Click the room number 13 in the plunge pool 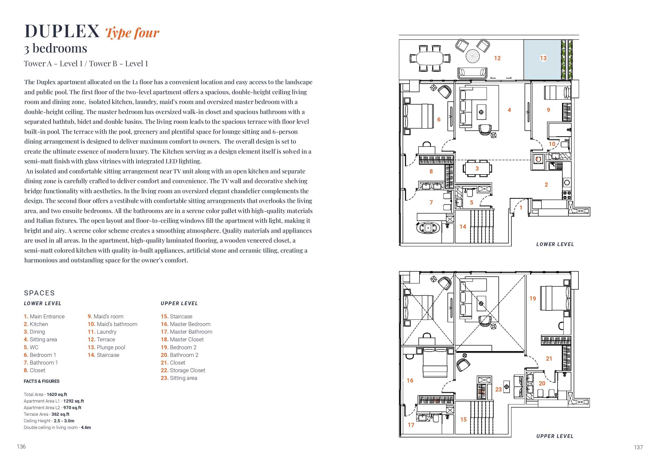pyautogui.click(x=543, y=58)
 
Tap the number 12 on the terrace pyautogui.click(x=497, y=58)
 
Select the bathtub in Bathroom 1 pyautogui.click(x=428, y=228)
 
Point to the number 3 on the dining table pyautogui.click(x=477, y=169)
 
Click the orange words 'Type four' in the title pyautogui.click(x=132, y=33)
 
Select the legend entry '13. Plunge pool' pyautogui.click(x=106, y=347)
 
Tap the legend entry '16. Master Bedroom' pyautogui.click(x=185, y=324)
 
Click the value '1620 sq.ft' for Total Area pyautogui.click(x=57, y=394)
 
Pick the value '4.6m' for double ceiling pyautogui.click(x=86, y=427)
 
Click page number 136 pyautogui.click(x=21, y=446)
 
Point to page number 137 pyautogui.click(x=638, y=447)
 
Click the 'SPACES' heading pyautogui.click(x=39, y=293)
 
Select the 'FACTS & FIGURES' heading pyautogui.click(x=42, y=381)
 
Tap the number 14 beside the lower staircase pyautogui.click(x=463, y=226)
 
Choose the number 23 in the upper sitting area pyautogui.click(x=498, y=389)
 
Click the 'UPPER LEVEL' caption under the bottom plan pyautogui.click(x=555, y=436)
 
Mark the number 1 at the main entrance pyautogui.click(x=521, y=208)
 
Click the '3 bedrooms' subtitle pyautogui.click(x=56, y=49)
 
